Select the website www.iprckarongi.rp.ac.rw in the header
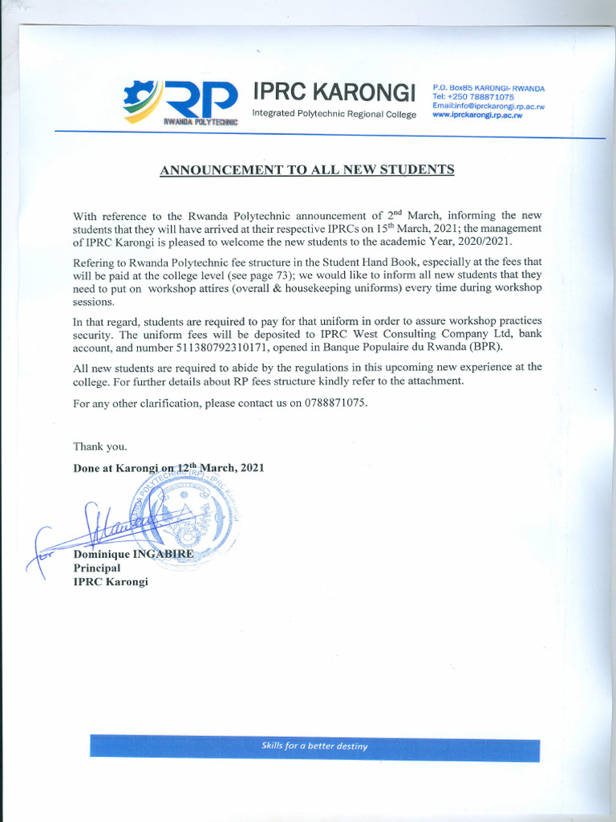477,116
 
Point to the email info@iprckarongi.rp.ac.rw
488,106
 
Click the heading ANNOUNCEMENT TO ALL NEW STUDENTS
307,169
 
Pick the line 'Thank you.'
99,446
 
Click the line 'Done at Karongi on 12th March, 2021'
168,468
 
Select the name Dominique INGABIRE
133,554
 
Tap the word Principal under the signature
96,568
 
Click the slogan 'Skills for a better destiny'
314,747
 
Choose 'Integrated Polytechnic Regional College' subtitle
334,114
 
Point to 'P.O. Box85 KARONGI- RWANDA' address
488,87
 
